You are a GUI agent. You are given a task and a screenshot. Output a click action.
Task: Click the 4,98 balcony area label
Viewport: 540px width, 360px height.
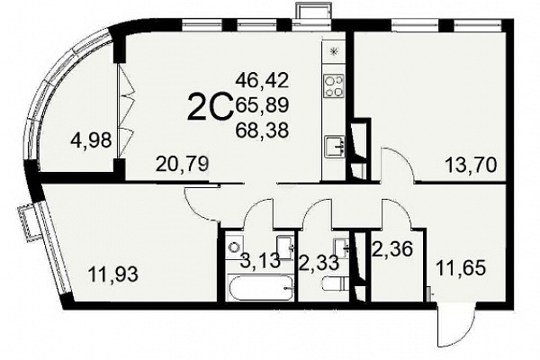91,140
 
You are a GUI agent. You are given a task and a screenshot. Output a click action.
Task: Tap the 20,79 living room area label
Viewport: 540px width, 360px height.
182,164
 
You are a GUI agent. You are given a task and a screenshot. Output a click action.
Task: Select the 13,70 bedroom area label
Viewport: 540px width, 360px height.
471,165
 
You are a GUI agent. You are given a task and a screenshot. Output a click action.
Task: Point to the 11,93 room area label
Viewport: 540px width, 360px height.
113,274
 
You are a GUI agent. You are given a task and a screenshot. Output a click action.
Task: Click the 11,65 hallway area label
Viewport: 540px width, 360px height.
461,267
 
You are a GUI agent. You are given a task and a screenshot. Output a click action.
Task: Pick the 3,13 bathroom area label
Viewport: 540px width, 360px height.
260,261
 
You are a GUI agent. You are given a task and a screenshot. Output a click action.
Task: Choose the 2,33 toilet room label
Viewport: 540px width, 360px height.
319,264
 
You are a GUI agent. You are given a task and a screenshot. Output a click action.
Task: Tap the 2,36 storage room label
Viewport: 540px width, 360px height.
392,248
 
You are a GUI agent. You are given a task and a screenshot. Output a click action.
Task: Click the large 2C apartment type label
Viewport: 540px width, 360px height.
210,106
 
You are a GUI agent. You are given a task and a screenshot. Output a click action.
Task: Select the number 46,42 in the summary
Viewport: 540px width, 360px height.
262,80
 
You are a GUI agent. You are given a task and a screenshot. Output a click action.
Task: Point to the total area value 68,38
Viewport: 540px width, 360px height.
262,130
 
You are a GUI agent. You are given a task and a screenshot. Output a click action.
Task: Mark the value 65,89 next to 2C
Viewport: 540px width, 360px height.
262,105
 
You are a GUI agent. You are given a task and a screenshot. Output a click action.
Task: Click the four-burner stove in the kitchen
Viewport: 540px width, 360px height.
334,85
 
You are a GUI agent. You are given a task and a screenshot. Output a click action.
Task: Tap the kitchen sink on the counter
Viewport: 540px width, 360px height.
335,147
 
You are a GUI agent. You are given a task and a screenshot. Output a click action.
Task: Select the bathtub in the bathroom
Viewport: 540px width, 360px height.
260,287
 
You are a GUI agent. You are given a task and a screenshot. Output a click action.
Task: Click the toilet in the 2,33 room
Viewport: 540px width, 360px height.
336,284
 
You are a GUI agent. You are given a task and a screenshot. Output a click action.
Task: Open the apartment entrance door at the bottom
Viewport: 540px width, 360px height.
454,325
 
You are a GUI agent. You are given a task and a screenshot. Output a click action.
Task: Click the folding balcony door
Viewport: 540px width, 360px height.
126,110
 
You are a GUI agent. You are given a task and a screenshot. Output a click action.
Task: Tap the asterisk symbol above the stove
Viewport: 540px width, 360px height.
333,51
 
